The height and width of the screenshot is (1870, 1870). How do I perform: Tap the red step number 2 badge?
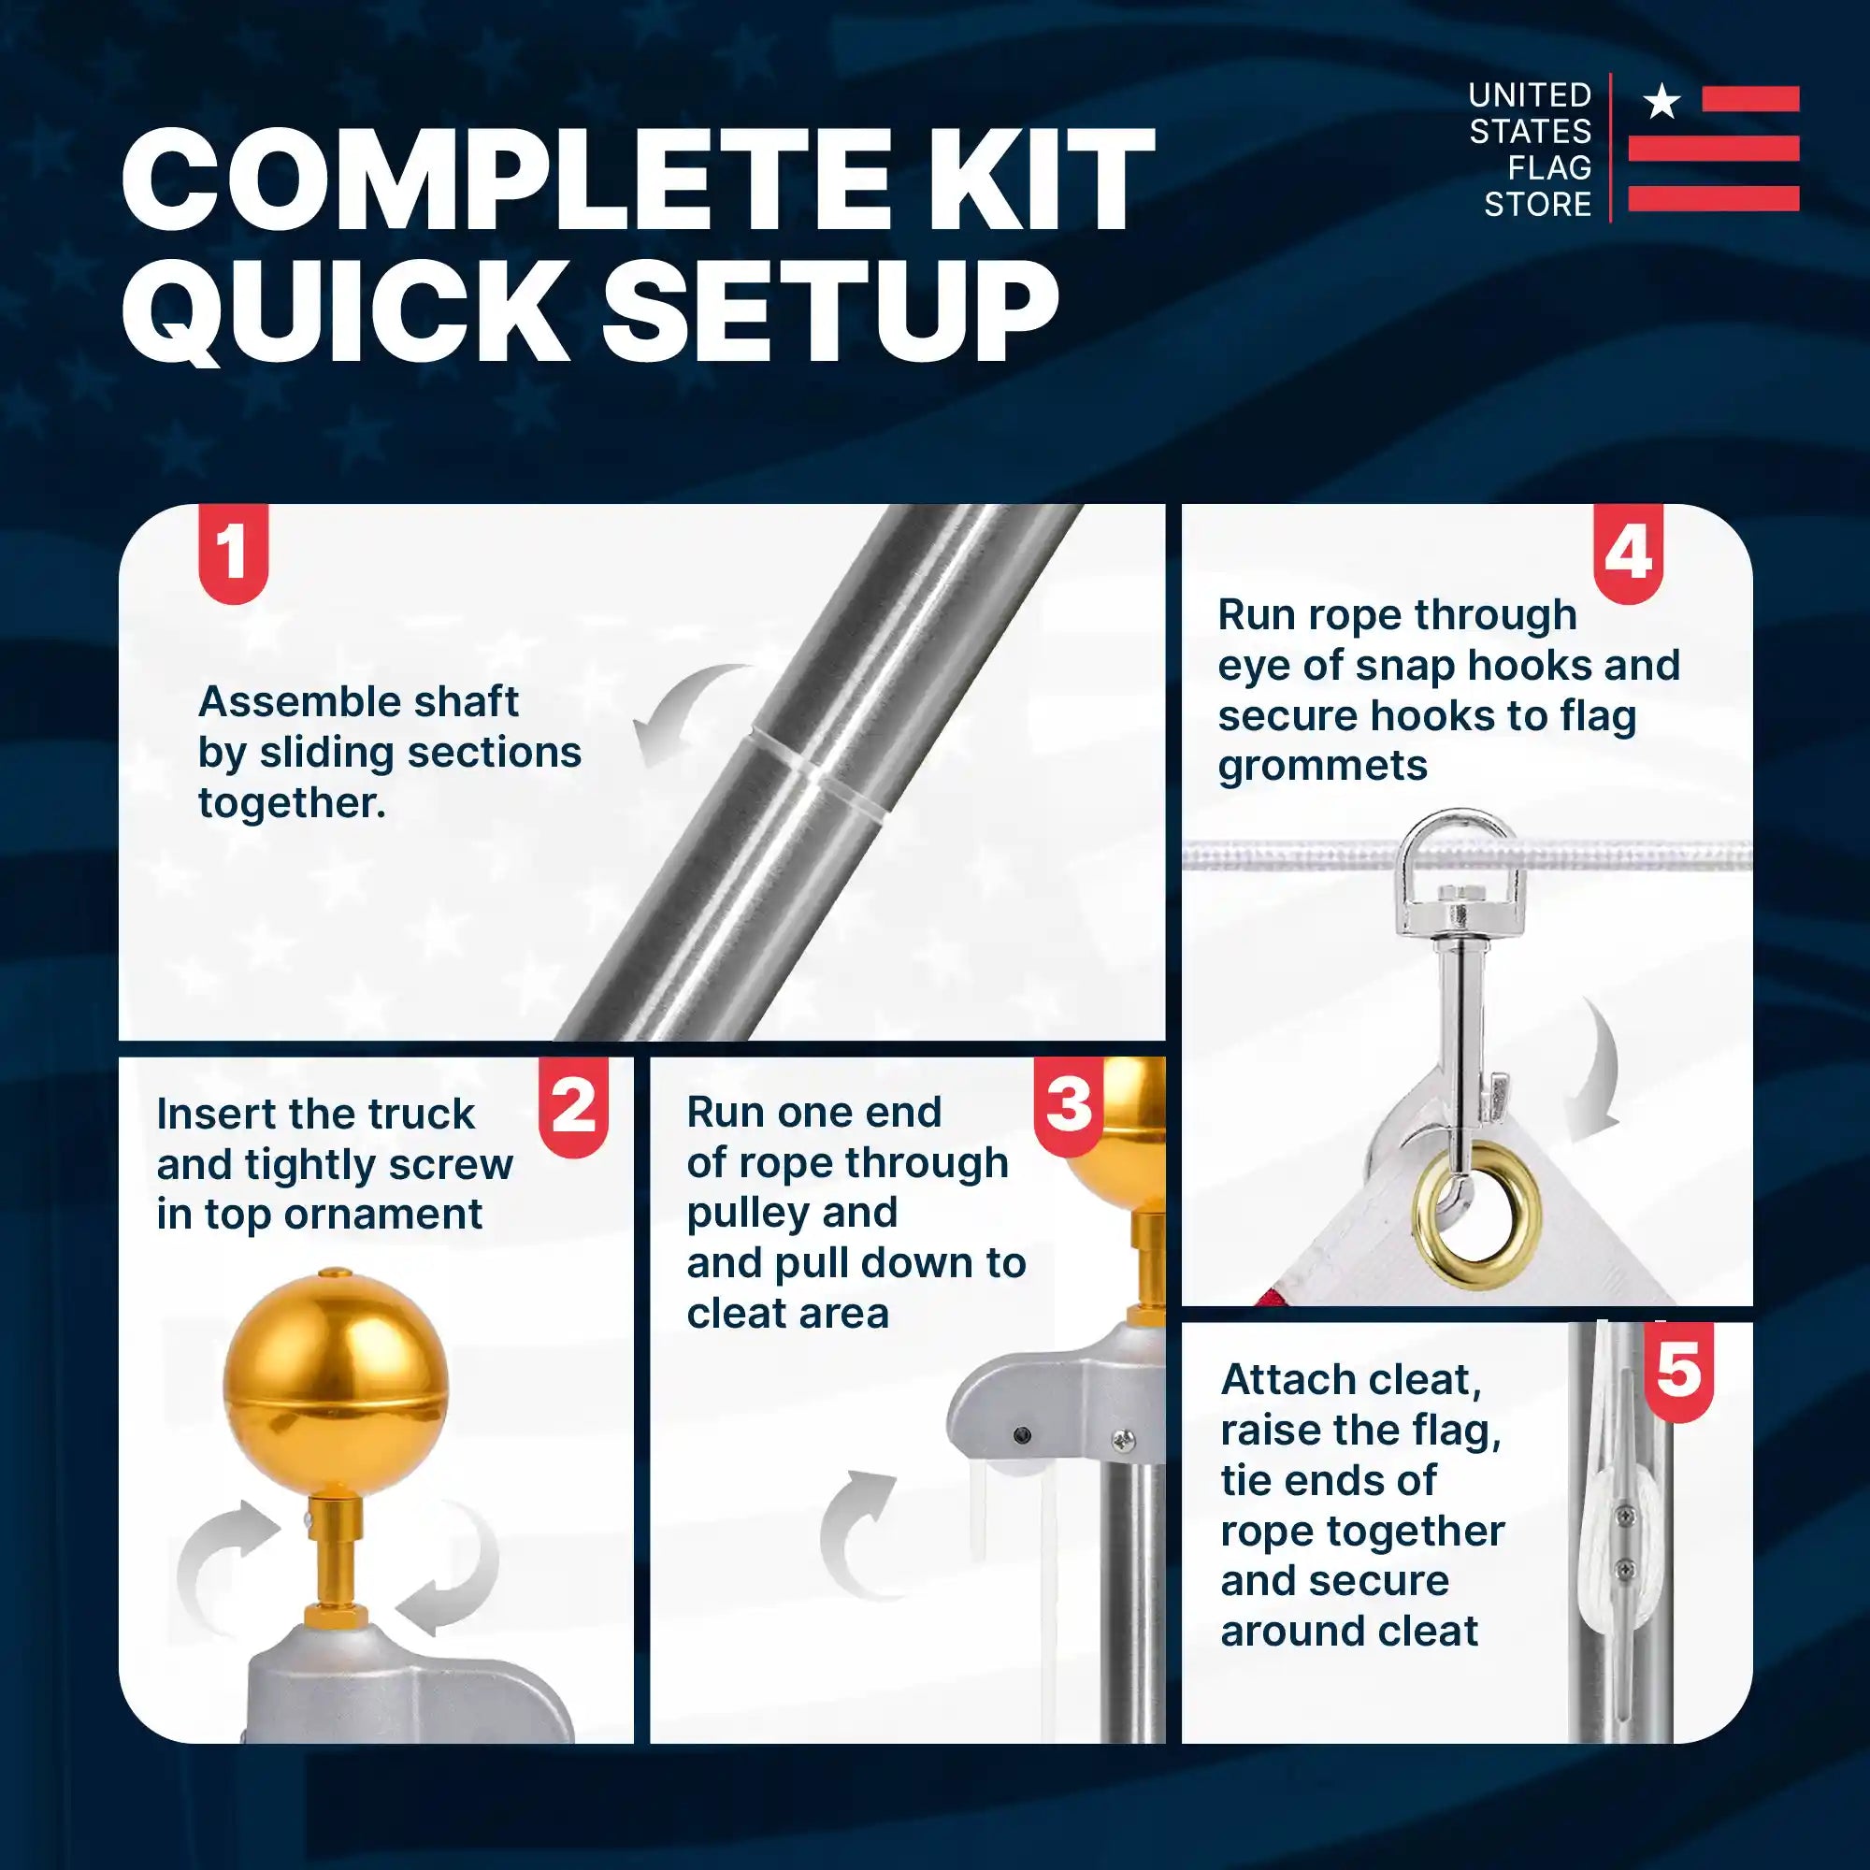[573, 1105]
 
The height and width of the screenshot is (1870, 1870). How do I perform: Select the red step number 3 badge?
[1069, 1105]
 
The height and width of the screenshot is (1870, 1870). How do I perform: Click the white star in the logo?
[1662, 101]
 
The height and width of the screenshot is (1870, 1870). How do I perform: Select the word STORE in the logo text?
[1538, 205]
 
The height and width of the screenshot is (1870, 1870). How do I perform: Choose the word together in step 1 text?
[292, 803]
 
